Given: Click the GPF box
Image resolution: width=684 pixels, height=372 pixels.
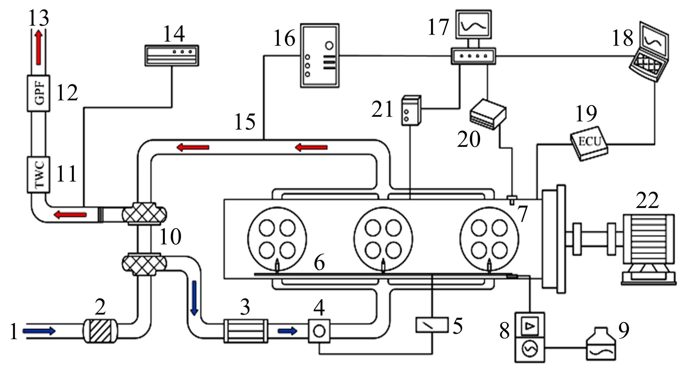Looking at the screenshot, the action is (38, 93).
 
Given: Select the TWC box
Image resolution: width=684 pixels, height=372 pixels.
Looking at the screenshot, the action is (38, 174).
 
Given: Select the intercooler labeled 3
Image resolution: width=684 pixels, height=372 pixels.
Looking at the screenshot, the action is (246, 331).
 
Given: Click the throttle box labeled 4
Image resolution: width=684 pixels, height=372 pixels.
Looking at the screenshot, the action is (319, 331).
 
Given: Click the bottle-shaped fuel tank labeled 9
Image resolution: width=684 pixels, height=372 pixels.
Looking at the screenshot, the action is (601, 344).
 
